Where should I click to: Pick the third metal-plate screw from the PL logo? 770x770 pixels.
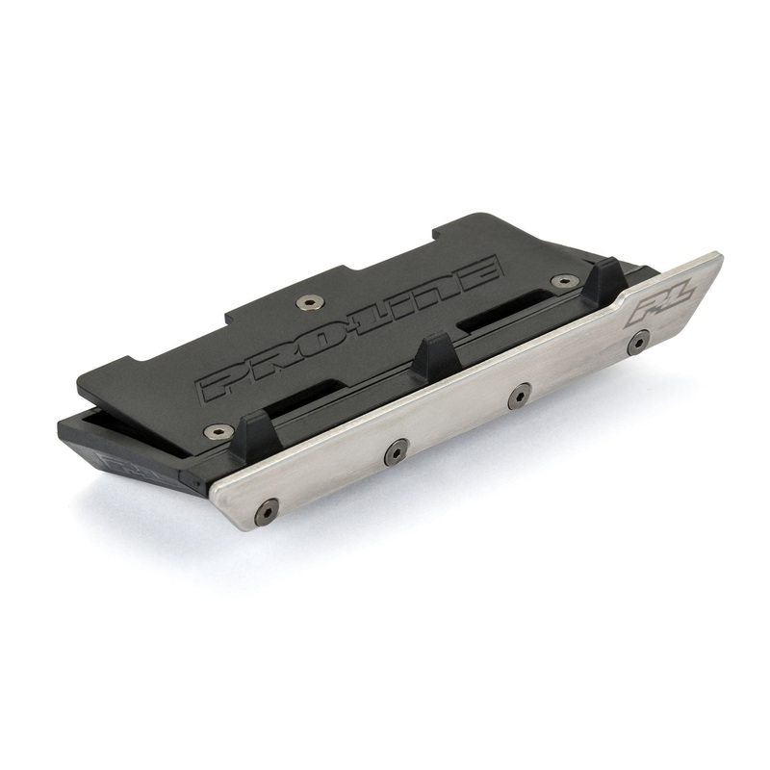396,449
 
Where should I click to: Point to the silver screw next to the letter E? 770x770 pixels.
557,282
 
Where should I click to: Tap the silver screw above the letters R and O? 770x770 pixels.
307,303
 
